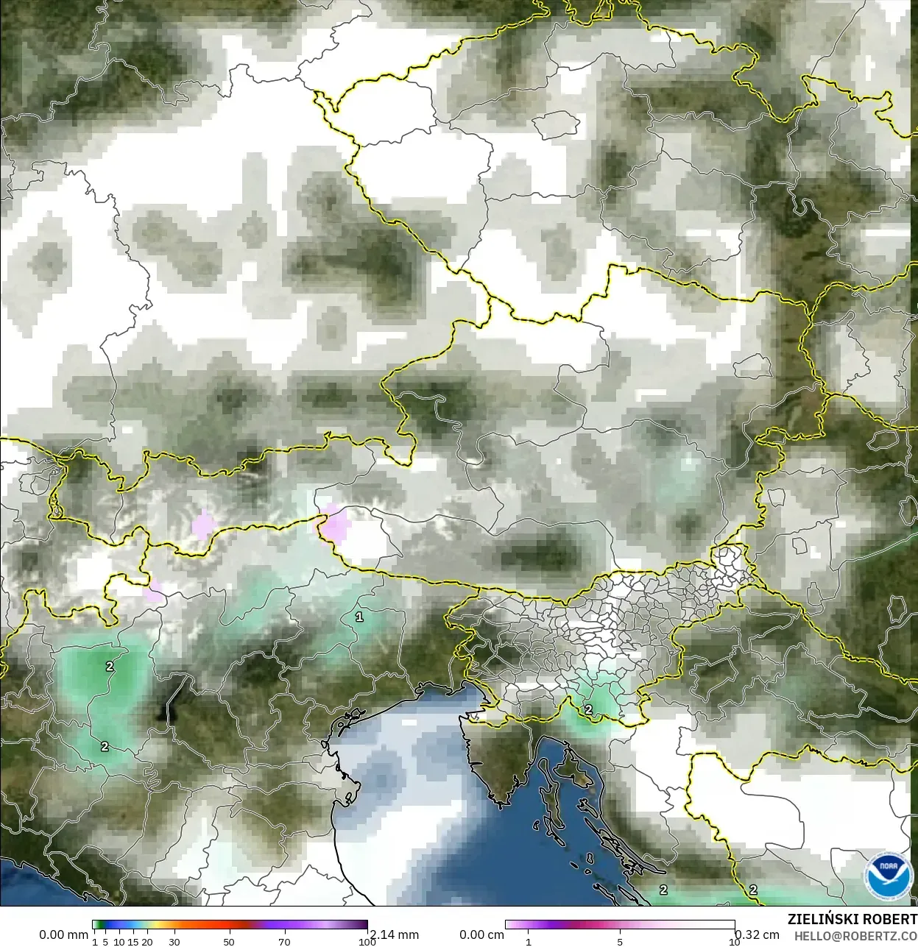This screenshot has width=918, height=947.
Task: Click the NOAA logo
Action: coord(889,876)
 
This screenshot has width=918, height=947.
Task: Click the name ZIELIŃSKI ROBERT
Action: coord(852,919)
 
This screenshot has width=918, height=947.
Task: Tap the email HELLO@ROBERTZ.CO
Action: coord(855,935)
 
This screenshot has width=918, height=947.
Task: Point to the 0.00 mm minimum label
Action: coord(63,934)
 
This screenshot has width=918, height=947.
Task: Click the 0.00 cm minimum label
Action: coord(481,934)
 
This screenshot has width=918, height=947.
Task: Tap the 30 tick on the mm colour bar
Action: coord(174,941)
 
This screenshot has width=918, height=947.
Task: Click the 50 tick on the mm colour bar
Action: coord(229,941)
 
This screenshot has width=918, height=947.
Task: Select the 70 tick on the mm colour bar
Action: coord(284,941)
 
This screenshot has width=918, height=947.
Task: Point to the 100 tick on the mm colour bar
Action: coord(367,941)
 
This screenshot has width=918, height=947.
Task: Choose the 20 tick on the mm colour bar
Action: coord(147,941)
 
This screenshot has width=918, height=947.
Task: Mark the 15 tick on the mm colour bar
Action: coord(133,941)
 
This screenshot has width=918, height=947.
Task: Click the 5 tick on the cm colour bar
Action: coord(620,941)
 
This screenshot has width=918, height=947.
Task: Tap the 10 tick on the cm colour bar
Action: coord(734,941)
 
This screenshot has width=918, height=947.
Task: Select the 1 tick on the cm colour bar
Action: coord(528,941)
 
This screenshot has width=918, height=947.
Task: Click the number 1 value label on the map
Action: coord(359,617)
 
